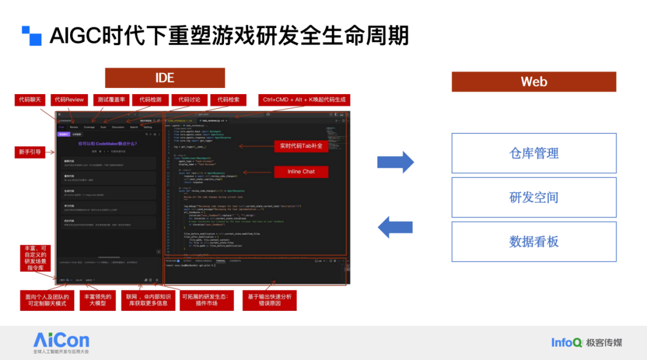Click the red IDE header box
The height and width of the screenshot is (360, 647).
(x=165, y=78)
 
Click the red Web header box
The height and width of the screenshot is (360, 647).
(x=533, y=81)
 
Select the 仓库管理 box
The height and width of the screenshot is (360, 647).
(x=533, y=153)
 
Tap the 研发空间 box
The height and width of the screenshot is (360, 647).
(x=533, y=197)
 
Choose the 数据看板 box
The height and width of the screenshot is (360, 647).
(x=533, y=241)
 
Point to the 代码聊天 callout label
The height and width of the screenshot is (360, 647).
(x=30, y=99)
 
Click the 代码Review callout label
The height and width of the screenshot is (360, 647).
(x=69, y=99)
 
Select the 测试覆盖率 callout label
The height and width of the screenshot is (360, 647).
(x=111, y=99)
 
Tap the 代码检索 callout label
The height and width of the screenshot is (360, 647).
(x=228, y=99)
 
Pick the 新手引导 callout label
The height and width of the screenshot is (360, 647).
(x=30, y=152)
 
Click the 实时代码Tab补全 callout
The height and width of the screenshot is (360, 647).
(x=301, y=146)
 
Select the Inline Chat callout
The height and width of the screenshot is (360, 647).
(x=301, y=171)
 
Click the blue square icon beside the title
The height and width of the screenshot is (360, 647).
(x=32, y=36)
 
